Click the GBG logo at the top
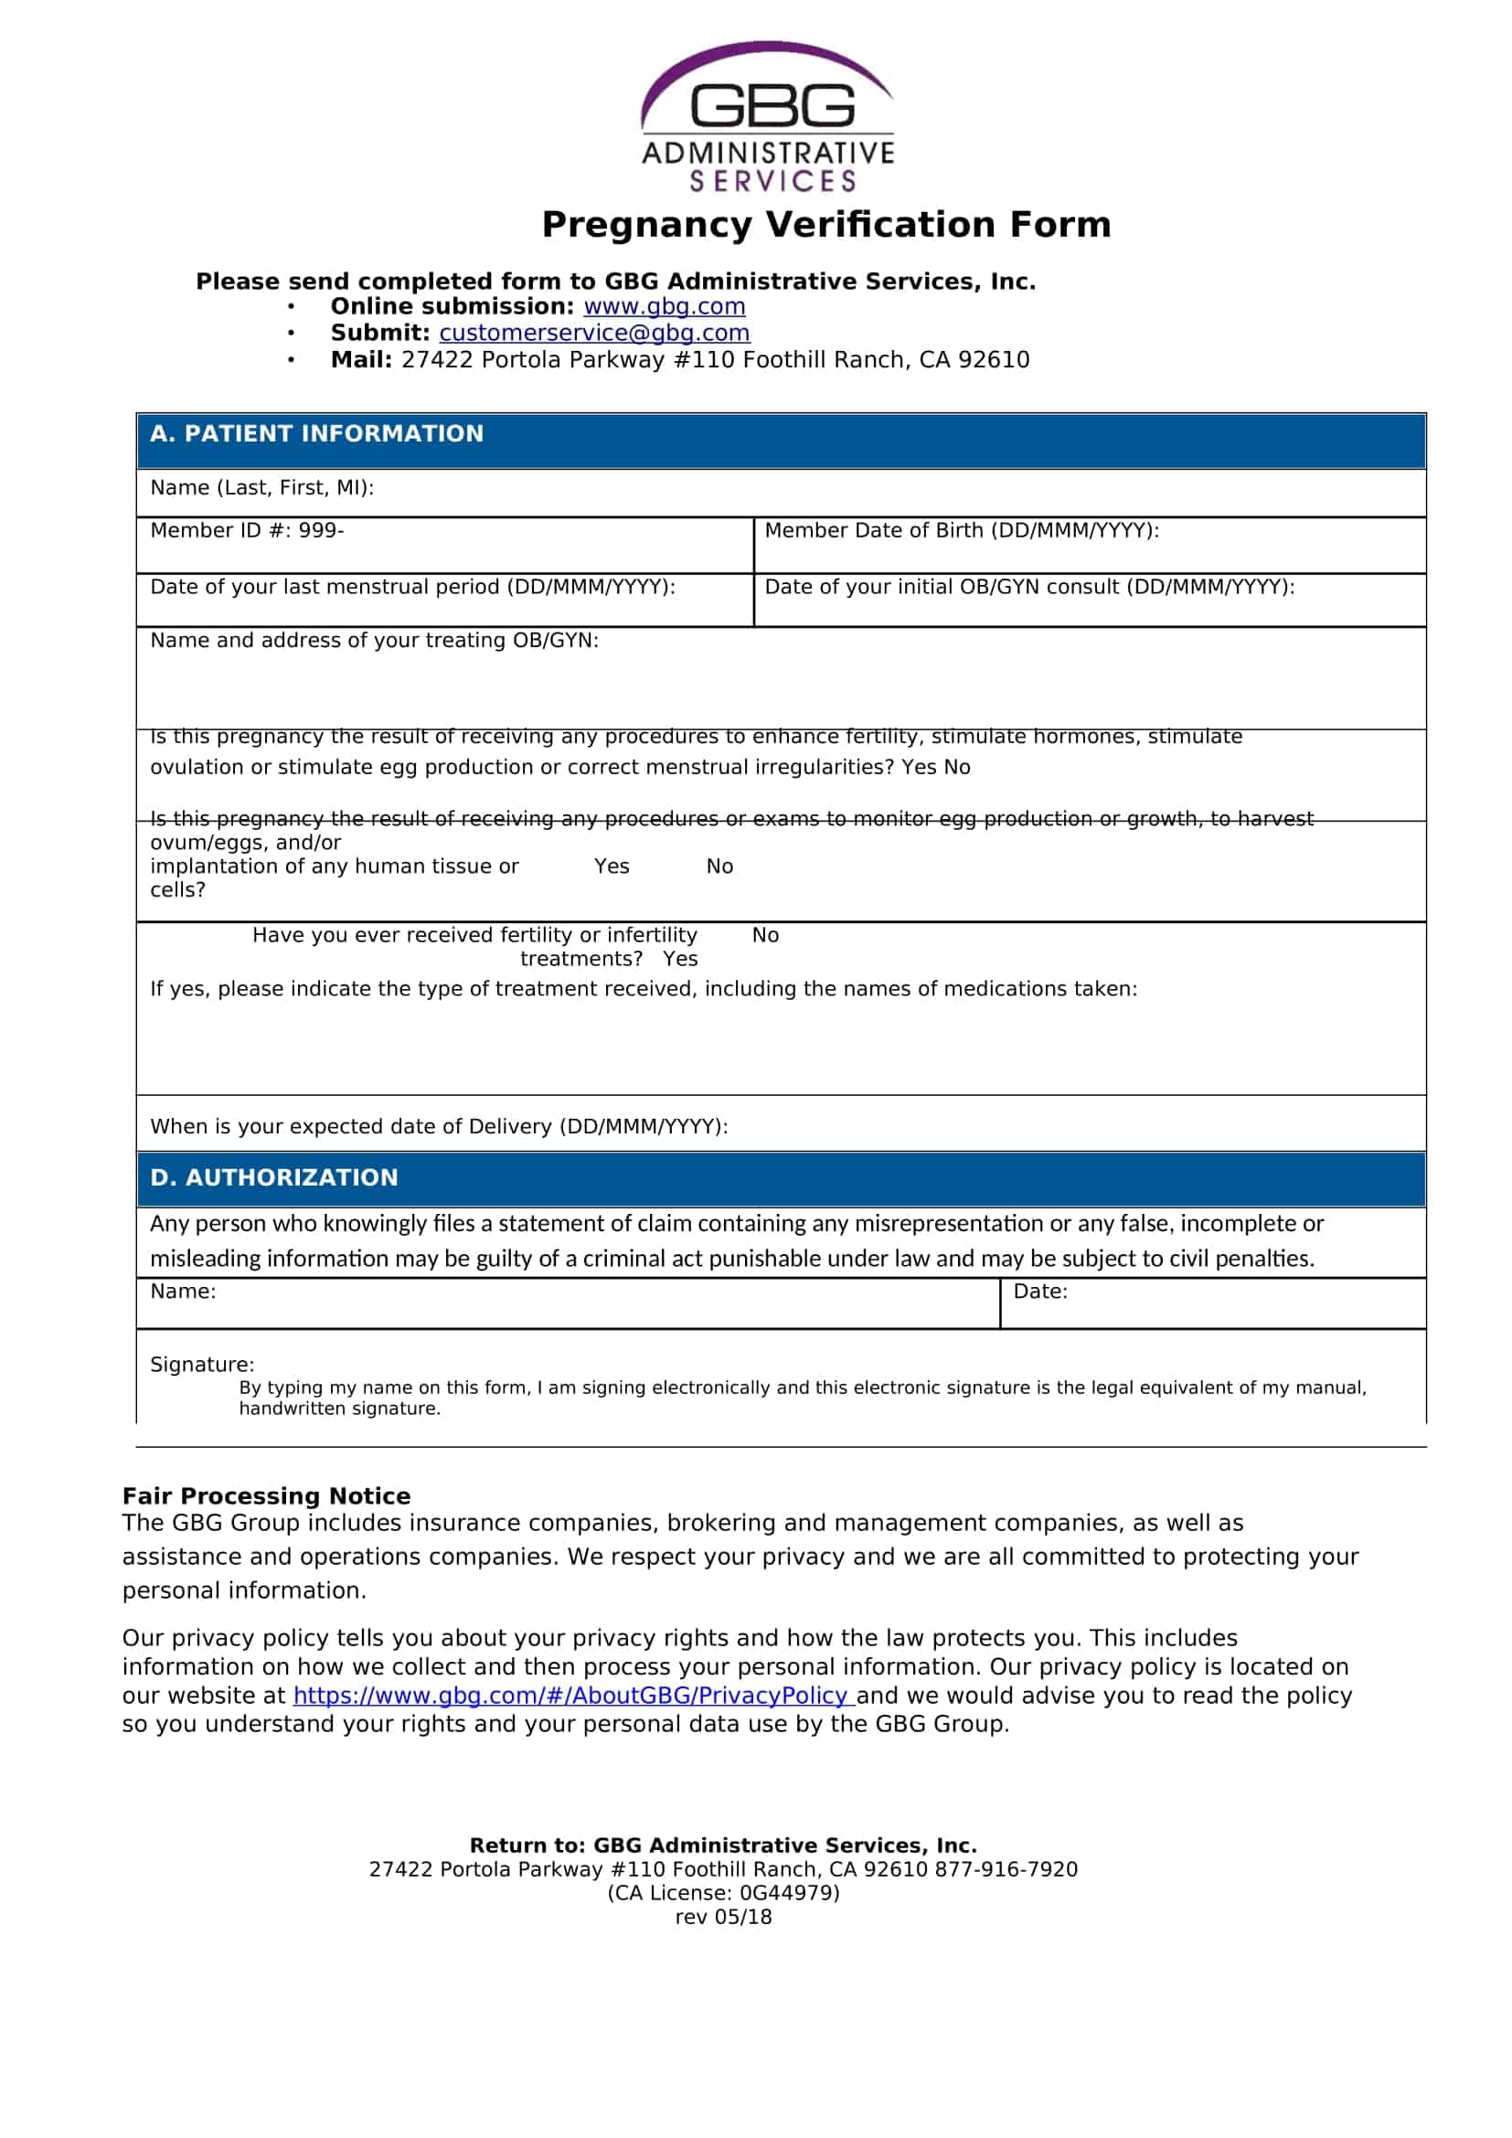(768, 116)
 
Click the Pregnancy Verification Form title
(825, 225)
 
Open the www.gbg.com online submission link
(664, 306)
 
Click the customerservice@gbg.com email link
(594, 333)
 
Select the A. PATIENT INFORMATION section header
(316, 434)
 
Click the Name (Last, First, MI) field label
(261, 488)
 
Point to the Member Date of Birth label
(962, 531)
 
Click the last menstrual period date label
(412, 587)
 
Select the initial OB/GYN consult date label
(1028, 587)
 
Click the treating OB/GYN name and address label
(374, 641)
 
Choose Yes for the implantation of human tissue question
(612, 867)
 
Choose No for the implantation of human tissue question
(719, 867)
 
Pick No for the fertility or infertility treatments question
(765, 936)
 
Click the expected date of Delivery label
(439, 1127)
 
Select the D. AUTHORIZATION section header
(273, 1178)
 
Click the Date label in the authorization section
(1040, 1292)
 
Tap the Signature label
(202, 1365)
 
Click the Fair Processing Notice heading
(266, 1496)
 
